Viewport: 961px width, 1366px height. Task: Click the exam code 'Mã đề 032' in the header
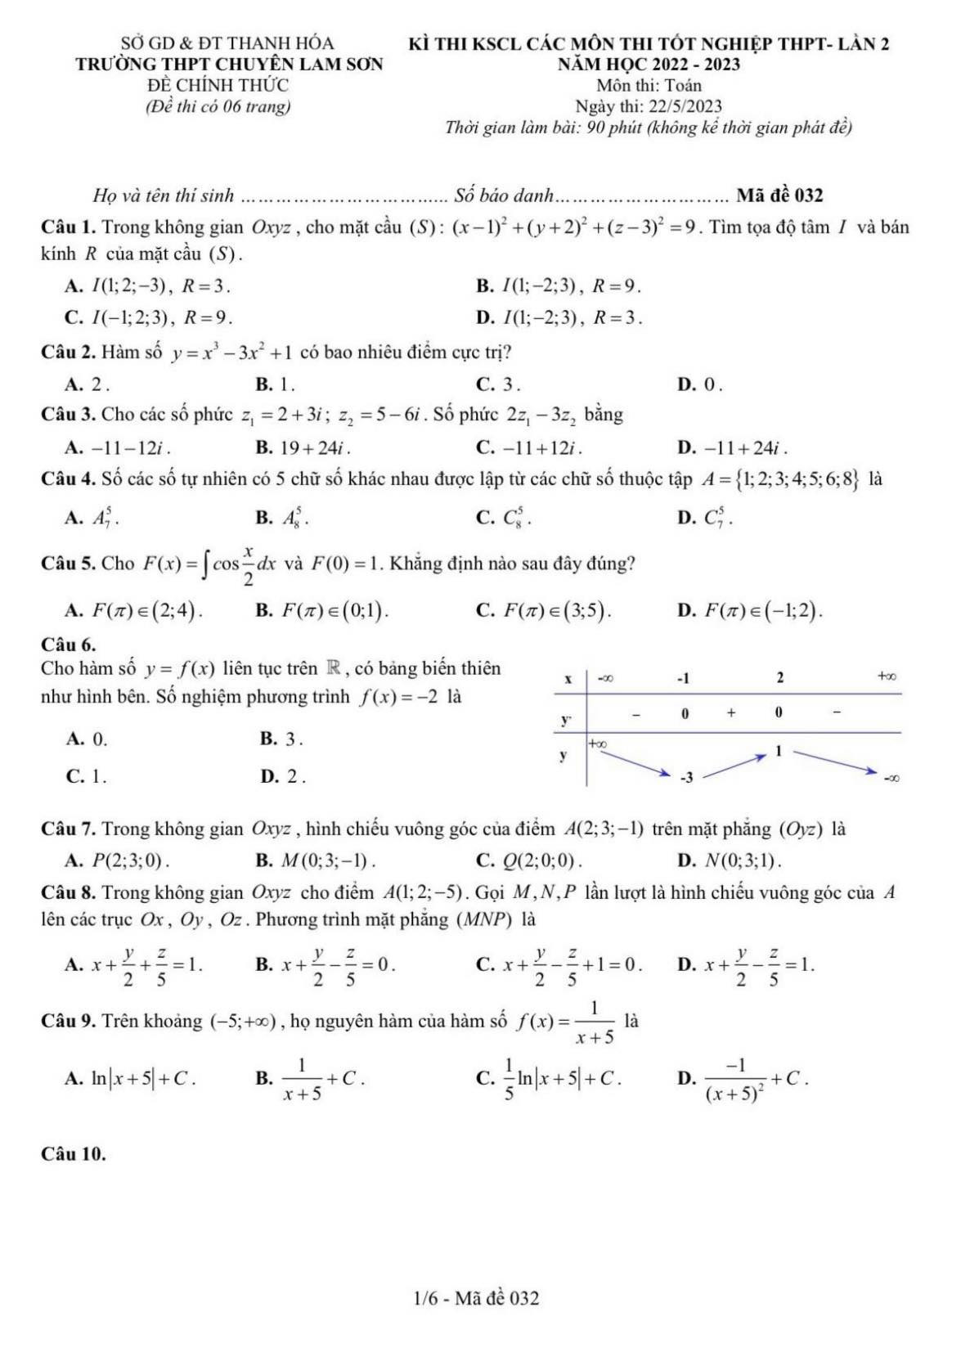coord(779,195)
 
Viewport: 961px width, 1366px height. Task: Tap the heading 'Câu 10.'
coord(73,1154)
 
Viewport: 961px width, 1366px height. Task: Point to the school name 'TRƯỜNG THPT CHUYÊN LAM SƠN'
coord(229,64)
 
